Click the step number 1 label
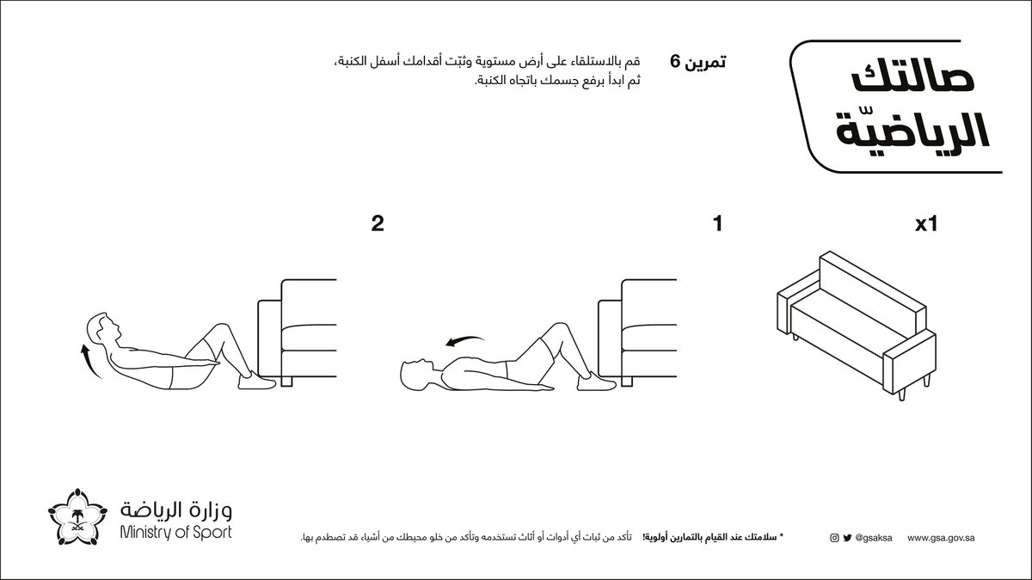716,225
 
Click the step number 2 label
377,225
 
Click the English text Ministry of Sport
176,533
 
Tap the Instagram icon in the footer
833,539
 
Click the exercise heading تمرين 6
698,63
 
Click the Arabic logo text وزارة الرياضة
176,510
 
